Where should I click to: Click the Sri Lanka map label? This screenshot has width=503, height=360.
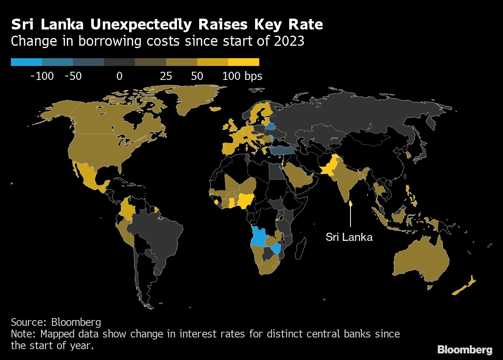[349, 237]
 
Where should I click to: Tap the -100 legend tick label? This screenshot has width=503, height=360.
[42, 76]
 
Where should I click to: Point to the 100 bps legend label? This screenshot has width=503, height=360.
[242, 76]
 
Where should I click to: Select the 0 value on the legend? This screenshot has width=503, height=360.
[119, 76]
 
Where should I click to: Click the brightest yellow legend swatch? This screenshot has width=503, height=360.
[243, 62]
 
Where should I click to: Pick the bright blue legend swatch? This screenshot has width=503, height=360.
[26, 62]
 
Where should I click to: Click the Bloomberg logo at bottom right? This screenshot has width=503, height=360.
[465, 350]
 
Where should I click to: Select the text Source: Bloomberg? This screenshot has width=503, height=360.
[56, 322]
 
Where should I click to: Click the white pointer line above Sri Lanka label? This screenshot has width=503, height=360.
[350, 216]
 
